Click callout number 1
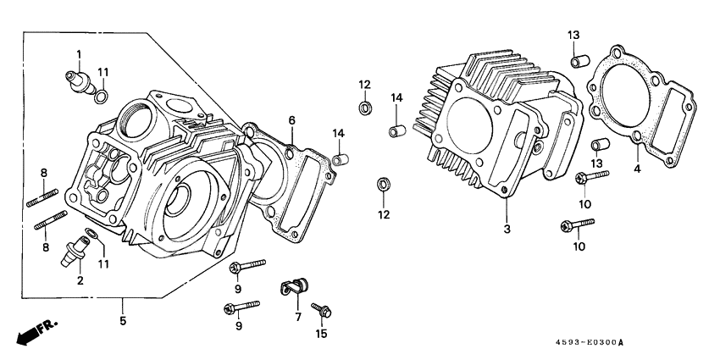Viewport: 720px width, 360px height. [79, 54]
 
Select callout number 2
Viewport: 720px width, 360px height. [80, 280]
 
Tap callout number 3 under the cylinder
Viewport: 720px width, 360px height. [507, 230]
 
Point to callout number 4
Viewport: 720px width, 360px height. [638, 169]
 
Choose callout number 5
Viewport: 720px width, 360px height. [123, 322]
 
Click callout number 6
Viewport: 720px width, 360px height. [291, 119]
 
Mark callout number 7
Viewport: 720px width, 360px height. [297, 317]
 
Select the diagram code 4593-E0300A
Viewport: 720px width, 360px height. [585, 343]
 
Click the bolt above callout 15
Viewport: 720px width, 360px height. [322, 311]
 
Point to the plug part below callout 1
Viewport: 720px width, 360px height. [79, 82]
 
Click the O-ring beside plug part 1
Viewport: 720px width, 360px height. [101, 96]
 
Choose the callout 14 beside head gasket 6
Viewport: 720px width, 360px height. [339, 133]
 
